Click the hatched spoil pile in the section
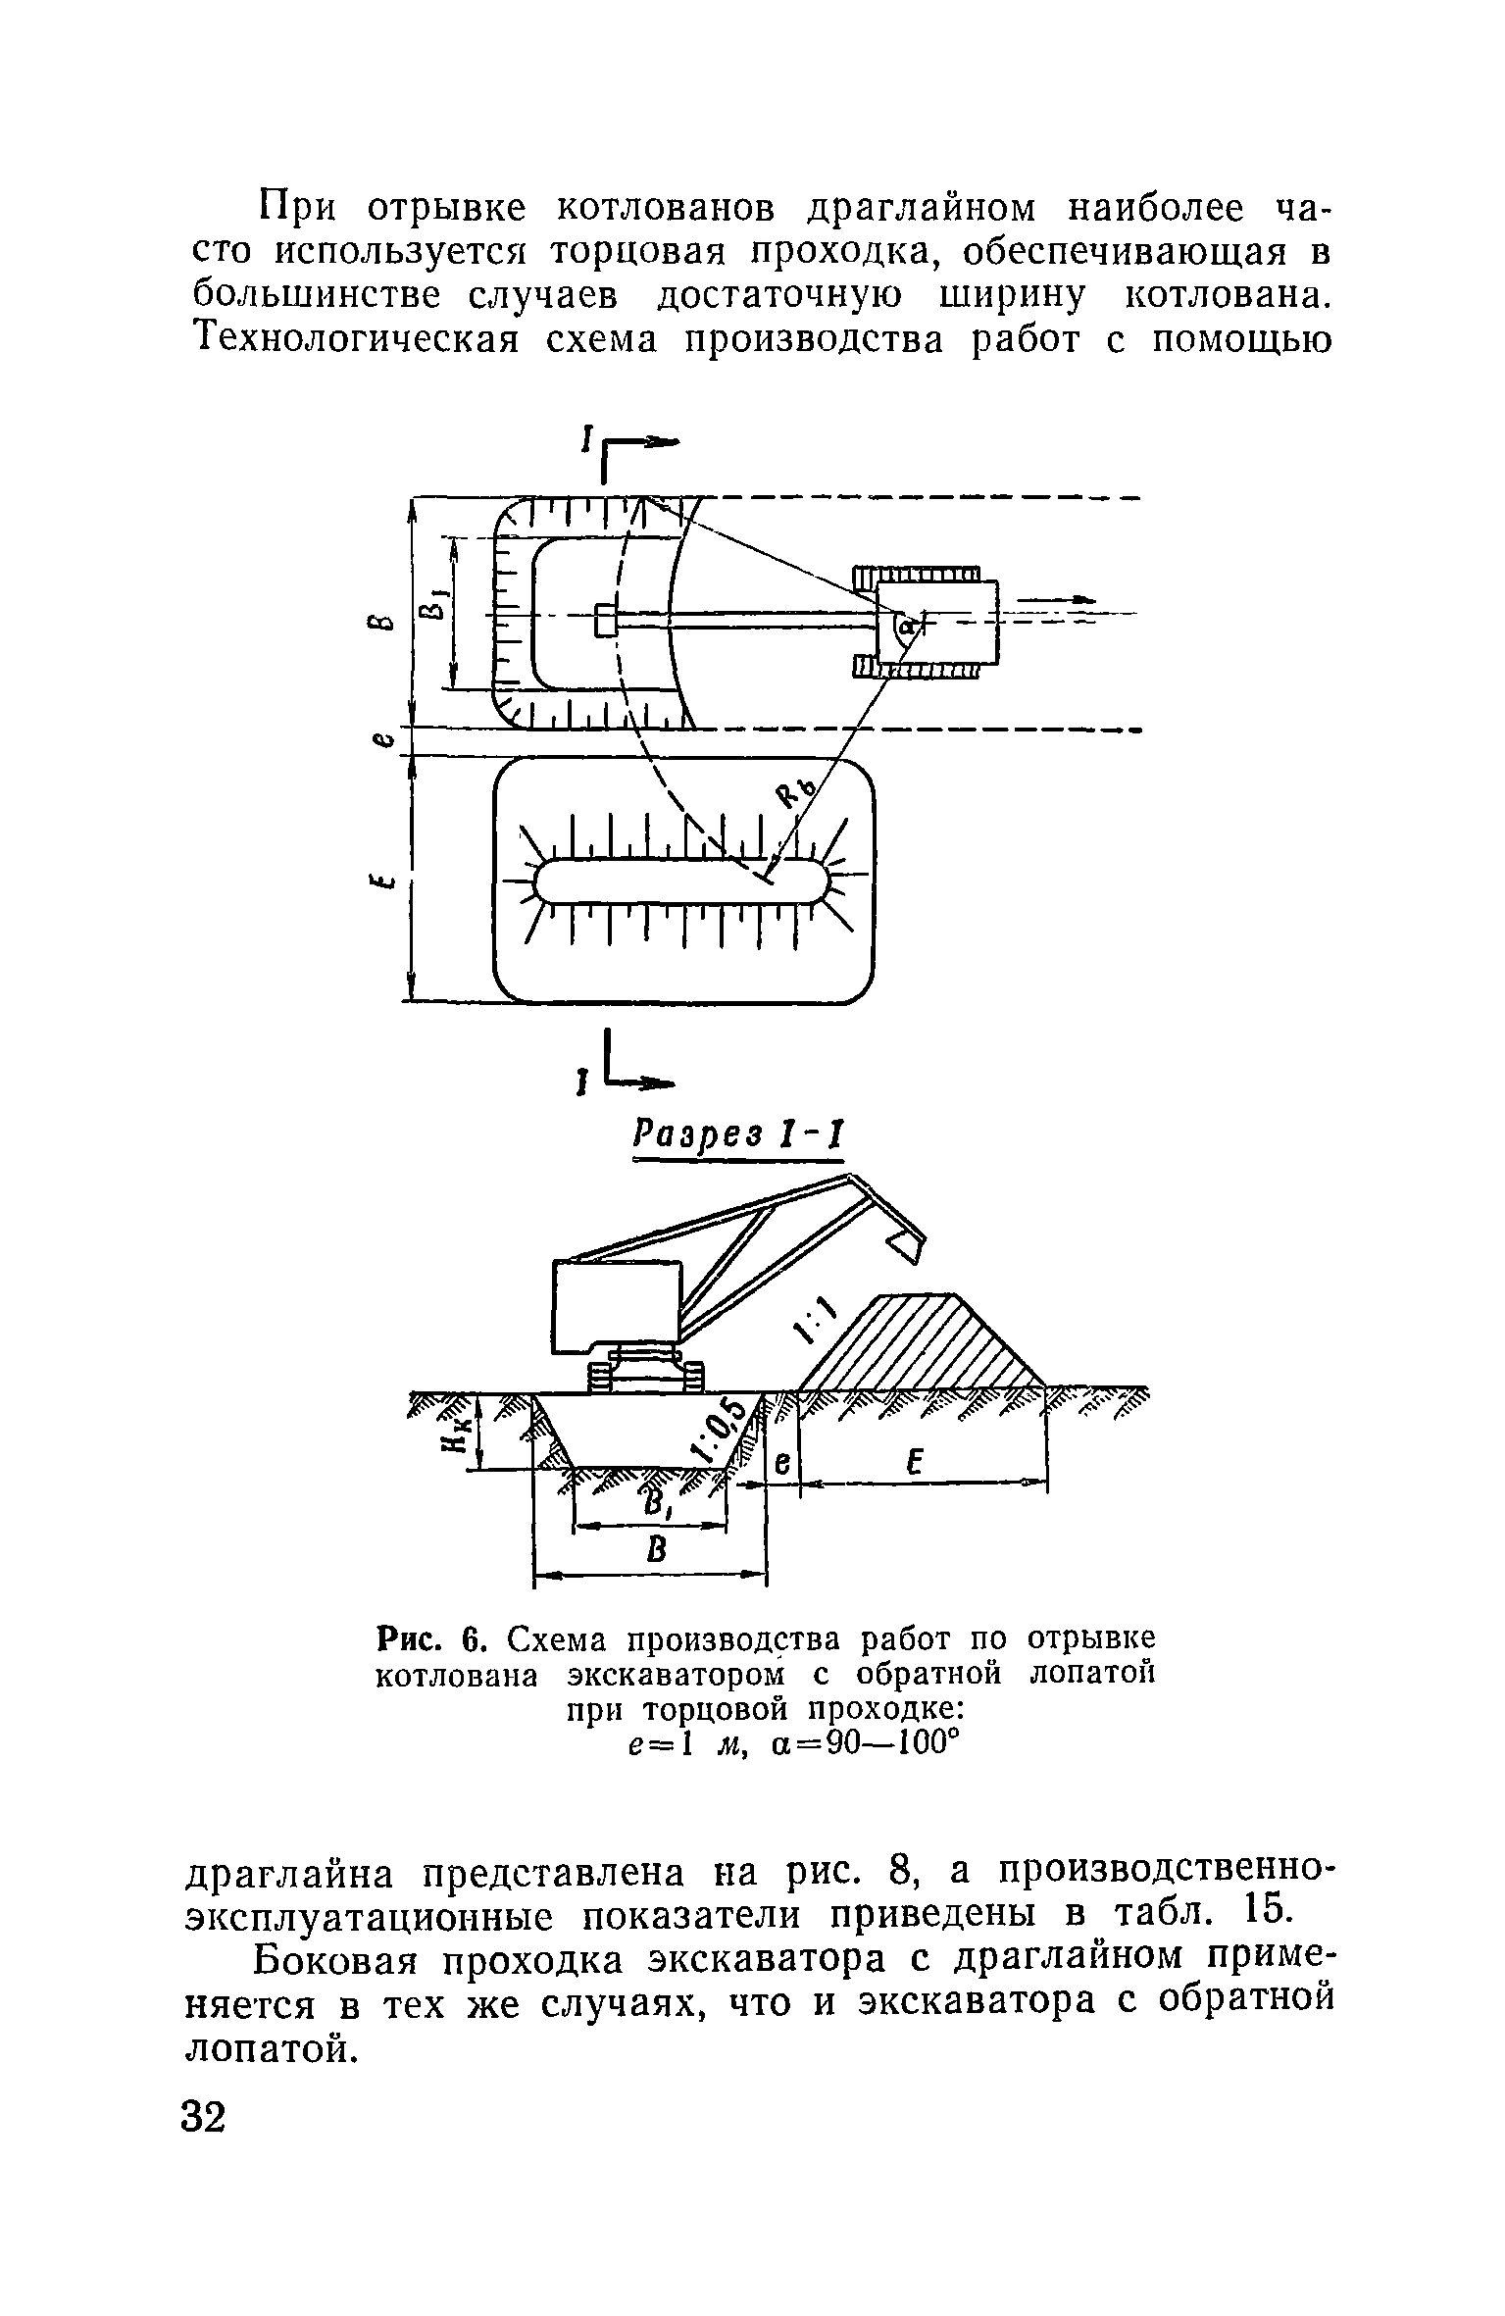(923, 1342)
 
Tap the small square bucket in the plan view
(607, 620)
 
